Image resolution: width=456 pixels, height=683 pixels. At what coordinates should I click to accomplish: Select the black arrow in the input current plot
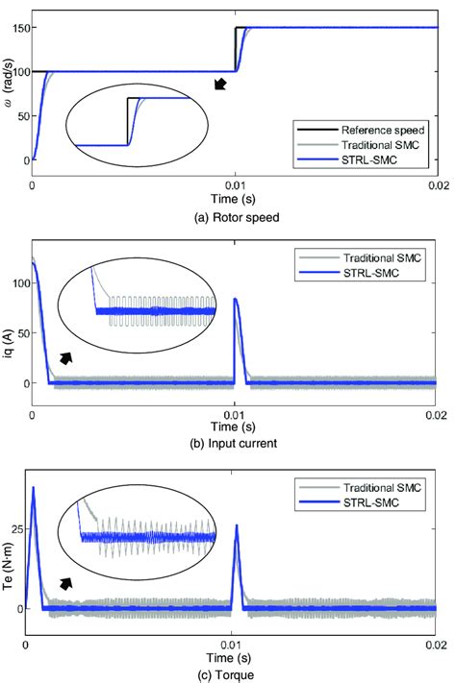click(66, 358)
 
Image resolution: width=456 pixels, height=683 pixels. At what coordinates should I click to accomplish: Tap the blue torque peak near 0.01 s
click(237, 526)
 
